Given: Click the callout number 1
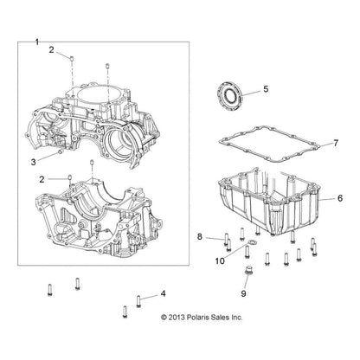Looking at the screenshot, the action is tap(36, 42).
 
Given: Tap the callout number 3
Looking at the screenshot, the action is tap(34, 163).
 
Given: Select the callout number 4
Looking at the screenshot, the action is tap(164, 294).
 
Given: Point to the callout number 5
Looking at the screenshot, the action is tap(266, 89).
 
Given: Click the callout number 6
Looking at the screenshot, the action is tap(340, 198).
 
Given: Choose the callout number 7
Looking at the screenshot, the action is tap(336, 143).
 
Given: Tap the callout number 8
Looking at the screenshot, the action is tap(200, 237).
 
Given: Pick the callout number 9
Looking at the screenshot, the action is tap(243, 293).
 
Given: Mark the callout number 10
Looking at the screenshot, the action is tap(220, 261).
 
